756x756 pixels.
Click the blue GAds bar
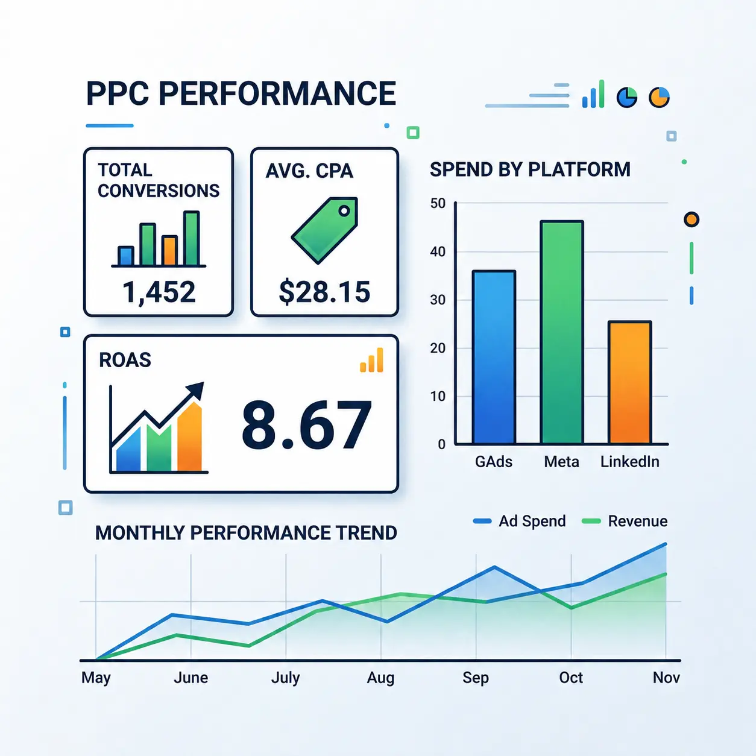[x=494, y=358]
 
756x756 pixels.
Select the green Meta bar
[x=562, y=332]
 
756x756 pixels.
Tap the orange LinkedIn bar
[x=629, y=382]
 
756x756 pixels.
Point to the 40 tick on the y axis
[x=438, y=251]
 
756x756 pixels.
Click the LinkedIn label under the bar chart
[x=629, y=462]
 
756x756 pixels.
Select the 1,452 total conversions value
[x=159, y=292]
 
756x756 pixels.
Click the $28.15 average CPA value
[x=324, y=292]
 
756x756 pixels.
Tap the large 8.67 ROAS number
[x=306, y=425]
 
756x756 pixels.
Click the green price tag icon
[x=325, y=230]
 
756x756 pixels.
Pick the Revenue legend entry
[x=625, y=521]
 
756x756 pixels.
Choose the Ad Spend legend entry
[x=520, y=521]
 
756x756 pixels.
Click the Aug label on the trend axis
[x=380, y=678]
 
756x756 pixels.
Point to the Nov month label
[x=666, y=678]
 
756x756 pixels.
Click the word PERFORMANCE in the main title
[x=277, y=93]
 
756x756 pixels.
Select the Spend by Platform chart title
[x=530, y=169]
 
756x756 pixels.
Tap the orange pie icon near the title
[x=659, y=97]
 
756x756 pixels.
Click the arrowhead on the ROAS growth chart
[x=196, y=391]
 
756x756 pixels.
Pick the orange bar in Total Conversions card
[x=169, y=250]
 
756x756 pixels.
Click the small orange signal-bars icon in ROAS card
[x=371, y=360]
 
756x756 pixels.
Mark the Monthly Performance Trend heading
[x=246, y=533]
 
